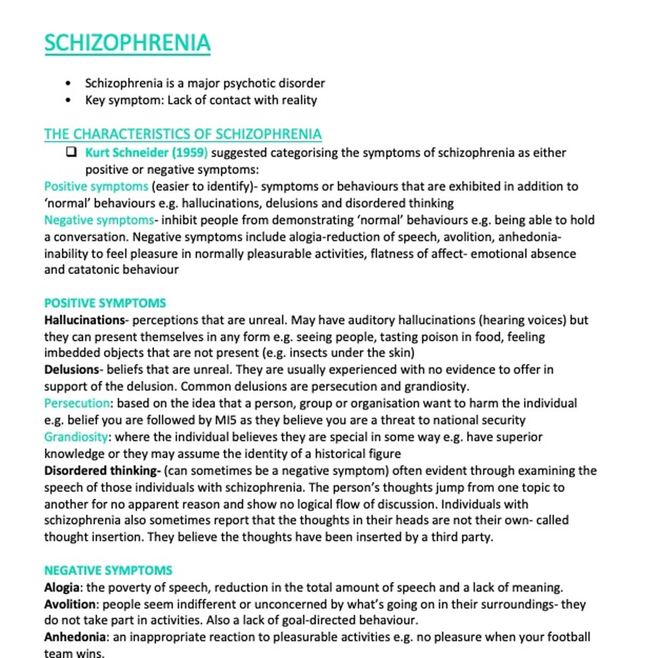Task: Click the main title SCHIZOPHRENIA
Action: [127, 43]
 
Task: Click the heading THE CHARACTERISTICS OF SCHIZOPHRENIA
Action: [182, 134]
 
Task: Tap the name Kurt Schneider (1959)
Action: [147, 153]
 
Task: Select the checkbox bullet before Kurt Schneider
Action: [71, 152]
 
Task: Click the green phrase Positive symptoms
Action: [96, 186]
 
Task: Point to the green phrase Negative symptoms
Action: [99, 220]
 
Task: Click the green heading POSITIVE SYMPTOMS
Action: [105, 303]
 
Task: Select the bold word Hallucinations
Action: [84, 320]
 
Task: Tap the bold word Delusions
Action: [71, 370]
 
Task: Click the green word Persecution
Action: [77, 403]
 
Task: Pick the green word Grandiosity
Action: [76, 437]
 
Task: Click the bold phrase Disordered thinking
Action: [102, 470]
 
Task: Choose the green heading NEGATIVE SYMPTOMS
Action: [108, 570]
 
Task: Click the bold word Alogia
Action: [62, 587]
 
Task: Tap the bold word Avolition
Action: [70, 604]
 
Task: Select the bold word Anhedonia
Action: [75, 637]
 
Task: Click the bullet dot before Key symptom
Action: [69, 100]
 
